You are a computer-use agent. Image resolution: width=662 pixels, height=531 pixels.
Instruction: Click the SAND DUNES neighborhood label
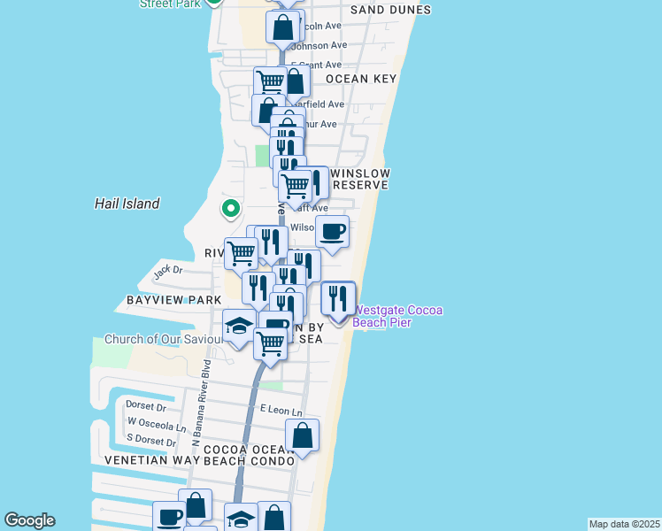click(x=390, y=10)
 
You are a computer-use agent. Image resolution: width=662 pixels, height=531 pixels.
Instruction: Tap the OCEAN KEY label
click(x=360, y=79)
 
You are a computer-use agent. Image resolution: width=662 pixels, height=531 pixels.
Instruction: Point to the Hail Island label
click(x=127, y=204)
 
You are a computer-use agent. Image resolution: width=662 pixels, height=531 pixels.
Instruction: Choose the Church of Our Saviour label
click(x=164, y=339)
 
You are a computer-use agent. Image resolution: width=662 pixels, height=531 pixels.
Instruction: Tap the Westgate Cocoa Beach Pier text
click(x=397, y=316)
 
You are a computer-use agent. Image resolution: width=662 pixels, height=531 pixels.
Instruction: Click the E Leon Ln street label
click(x=281, y=411)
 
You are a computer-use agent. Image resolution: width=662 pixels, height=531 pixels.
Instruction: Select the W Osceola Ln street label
click(x=157, y=425)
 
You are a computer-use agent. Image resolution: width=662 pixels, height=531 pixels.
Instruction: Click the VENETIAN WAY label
click(x=148, y=461)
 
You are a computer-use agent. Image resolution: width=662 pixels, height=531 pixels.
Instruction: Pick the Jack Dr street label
click(x=167, y=271)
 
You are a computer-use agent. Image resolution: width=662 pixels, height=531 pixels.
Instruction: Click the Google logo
click(x=29, y=520)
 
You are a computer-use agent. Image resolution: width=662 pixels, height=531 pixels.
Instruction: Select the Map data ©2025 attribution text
click(x=625, y=524)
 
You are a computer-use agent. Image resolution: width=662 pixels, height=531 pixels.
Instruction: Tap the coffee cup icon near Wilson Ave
click(x=333, y=232)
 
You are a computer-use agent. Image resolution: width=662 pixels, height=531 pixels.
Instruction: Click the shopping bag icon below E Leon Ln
click(x=302, y=435)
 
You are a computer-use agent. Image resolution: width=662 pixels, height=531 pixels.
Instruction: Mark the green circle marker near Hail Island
click(x=230, y=210)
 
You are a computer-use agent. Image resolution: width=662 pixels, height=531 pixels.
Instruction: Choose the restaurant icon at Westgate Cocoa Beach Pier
click(x=337, y=298)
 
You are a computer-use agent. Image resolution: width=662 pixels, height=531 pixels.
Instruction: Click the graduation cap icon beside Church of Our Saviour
click(x=239, y=327)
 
